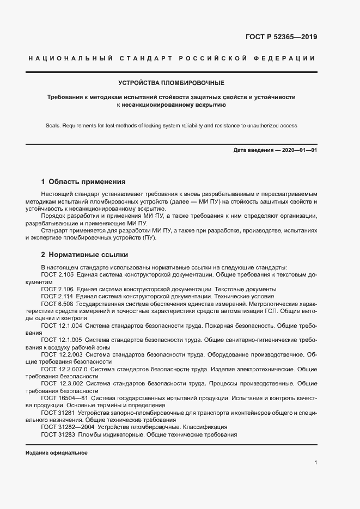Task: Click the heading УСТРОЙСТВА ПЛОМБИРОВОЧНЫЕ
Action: (172, 83)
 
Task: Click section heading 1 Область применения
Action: (83, 182)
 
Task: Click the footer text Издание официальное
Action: (56, 453)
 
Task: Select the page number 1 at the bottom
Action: (316, 463)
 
